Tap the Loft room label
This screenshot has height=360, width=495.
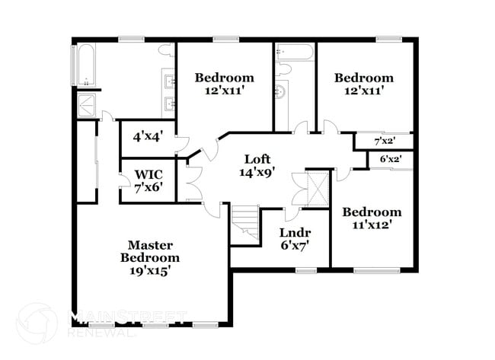[x=256, y=165]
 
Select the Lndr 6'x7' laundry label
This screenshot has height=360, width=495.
[x=294, y=237]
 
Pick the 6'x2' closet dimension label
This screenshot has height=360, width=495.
[x=390, y=159]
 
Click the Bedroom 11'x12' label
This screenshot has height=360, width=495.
[x=371, y=218]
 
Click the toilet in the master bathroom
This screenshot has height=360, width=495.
[x=165, y=51]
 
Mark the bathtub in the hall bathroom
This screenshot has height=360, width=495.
[x=294, y=53]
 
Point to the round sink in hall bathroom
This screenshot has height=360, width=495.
[x=279, y=93]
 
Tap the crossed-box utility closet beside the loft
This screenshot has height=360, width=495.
[x=315, y=190]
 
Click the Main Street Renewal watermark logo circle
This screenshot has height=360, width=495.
[x=37, y=323]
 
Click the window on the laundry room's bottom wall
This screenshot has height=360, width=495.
[x=306, y=269]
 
